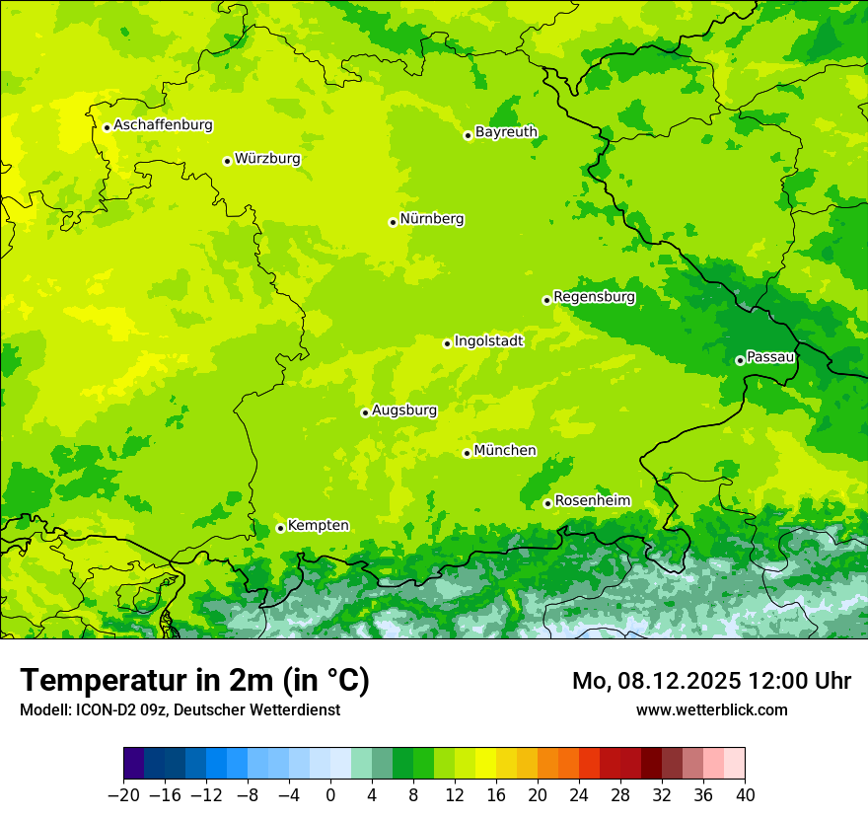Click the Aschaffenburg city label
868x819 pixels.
pos(163,125)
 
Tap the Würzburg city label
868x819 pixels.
pos(267,159)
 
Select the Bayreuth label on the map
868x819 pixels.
pos(506,132)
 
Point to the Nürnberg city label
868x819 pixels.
pos(432,219)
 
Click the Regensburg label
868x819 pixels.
pos(594,297)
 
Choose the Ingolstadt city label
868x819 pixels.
pos(489,341)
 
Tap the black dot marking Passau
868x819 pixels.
pos(740,360)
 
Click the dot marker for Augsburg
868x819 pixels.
pos(365,412)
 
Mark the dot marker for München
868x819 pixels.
pos(467,453)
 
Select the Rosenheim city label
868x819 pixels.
pos(592,501)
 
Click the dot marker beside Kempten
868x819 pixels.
pos(280,528)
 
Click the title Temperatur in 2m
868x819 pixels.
pos(194,680)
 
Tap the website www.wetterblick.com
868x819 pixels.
pos(711,709)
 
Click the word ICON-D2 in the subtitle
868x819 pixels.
pos(102,709)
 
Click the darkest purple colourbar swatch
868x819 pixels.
pos(134,764)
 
